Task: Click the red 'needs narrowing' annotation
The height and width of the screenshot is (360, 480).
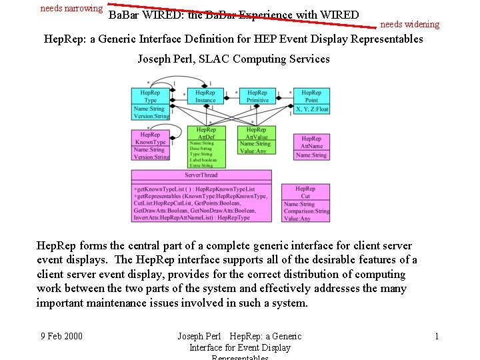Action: pyautogui.click(x=71, y=9)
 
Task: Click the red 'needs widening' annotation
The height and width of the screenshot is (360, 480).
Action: pyautogui.click(x=409, y=25)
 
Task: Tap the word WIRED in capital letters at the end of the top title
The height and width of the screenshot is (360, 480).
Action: pyautogui.click(x=339, y=15)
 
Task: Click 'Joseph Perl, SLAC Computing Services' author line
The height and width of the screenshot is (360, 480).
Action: pyautogui.click(x=233, y=59)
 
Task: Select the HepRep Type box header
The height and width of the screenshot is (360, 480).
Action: pyautogui.click(x=150, y=96)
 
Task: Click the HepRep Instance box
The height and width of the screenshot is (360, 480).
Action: pyautogui.click(x=205, y=96)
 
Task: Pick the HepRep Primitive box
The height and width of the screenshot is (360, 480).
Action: pyautogui.click(x=257, y=96)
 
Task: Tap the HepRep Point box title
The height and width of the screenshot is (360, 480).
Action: pyautogui.click(x=311, y=96)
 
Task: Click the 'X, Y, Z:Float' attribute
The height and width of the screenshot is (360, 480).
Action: pyautogui.click(x=311, y=109)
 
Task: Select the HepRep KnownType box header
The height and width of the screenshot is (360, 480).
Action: pyautogui.click(x=150, y=138)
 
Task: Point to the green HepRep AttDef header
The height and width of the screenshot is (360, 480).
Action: pyautogui.click(x=206, y=133)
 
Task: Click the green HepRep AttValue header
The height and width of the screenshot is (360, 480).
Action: pyautogui.click(x=256, y=133)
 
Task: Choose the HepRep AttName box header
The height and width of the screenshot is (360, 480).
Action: pyautogui.click(x=311, y=142)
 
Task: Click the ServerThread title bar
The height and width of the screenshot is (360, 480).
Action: pyautogui.click(x=201, y=175)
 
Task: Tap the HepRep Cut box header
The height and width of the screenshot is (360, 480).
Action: pyautogui.click(x=305, y=193)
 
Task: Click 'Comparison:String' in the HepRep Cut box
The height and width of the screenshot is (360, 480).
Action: pyautogui.click(x=307, y=211)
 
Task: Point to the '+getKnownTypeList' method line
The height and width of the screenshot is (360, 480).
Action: pyautogui.click(x=194, y=189)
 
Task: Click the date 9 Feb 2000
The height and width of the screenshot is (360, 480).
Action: pyautogui.click(x=61, y=336)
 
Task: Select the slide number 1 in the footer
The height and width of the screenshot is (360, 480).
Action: pyautogui.click(x=436, y=336)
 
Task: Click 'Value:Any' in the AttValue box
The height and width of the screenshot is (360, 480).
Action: pyautogui.click(x=253, y=151)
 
